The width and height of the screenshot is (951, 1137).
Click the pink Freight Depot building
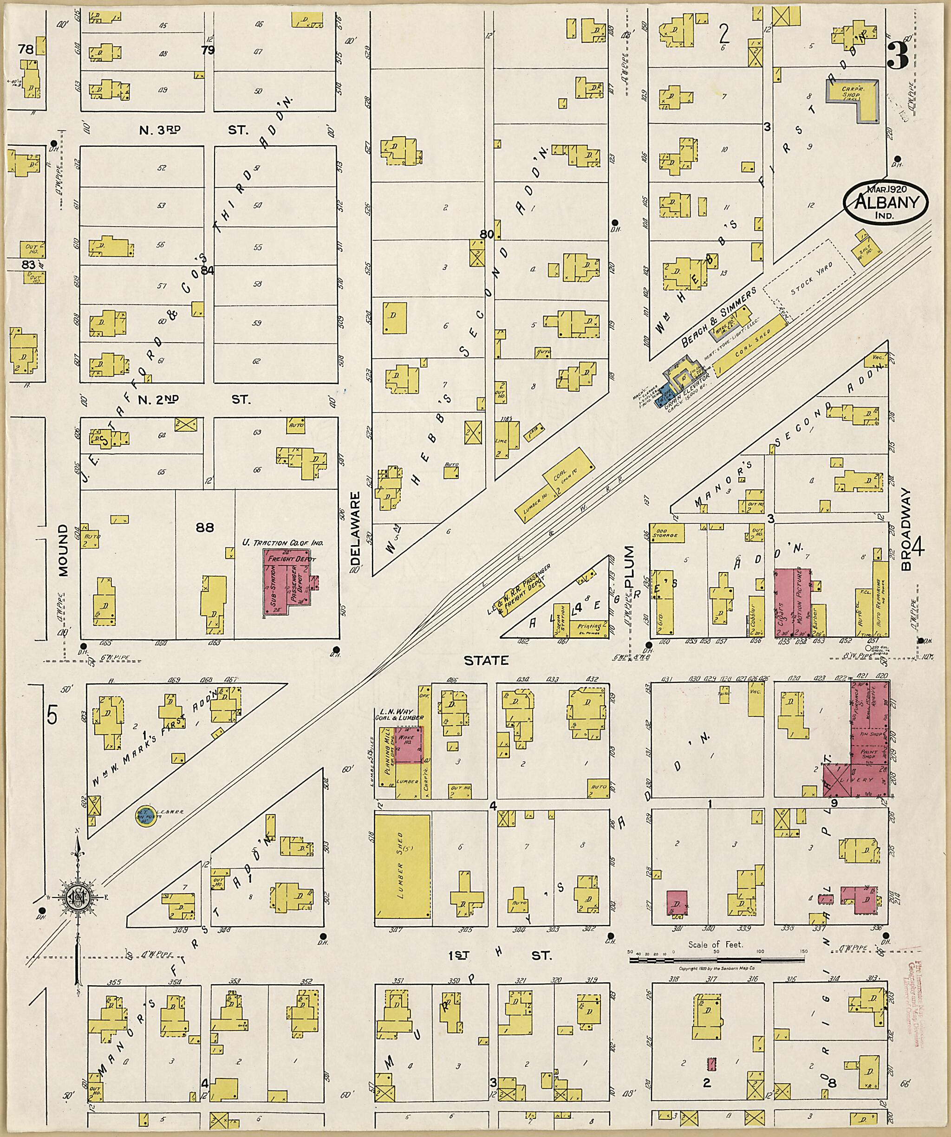(x=290, y=582)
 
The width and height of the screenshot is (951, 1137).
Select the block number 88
(x=205, y=527)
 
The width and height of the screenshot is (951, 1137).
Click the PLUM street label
(x=628, y=567)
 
